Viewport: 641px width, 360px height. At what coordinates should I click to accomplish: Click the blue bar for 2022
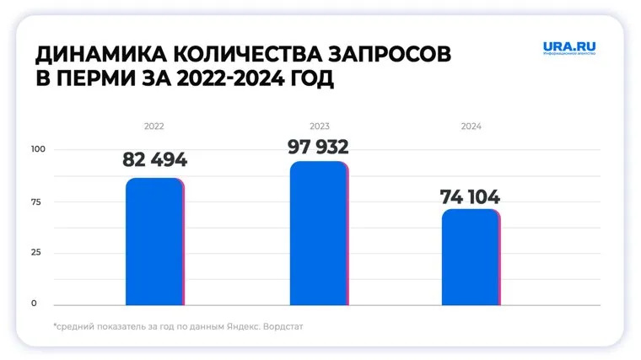click(154, 242)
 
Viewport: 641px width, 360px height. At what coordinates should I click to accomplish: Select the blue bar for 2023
click(318, 234)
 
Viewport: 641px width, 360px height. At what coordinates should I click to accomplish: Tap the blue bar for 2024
click(470, 257)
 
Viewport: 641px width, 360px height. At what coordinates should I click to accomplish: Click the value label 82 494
click(154, 160)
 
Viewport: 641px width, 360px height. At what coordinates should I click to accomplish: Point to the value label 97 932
click(318, 148)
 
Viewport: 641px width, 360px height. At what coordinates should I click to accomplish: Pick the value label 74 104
click(470, 197)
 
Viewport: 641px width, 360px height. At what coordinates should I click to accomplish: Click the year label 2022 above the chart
click(154, 126)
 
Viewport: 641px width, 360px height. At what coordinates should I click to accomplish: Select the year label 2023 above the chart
click(318, 126)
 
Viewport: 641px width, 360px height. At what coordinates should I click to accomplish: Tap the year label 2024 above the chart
click(471, 126)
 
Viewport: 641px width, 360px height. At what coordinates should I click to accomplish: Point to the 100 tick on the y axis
click(39, 150)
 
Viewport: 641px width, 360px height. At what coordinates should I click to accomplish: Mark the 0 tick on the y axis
click(35, 304)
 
